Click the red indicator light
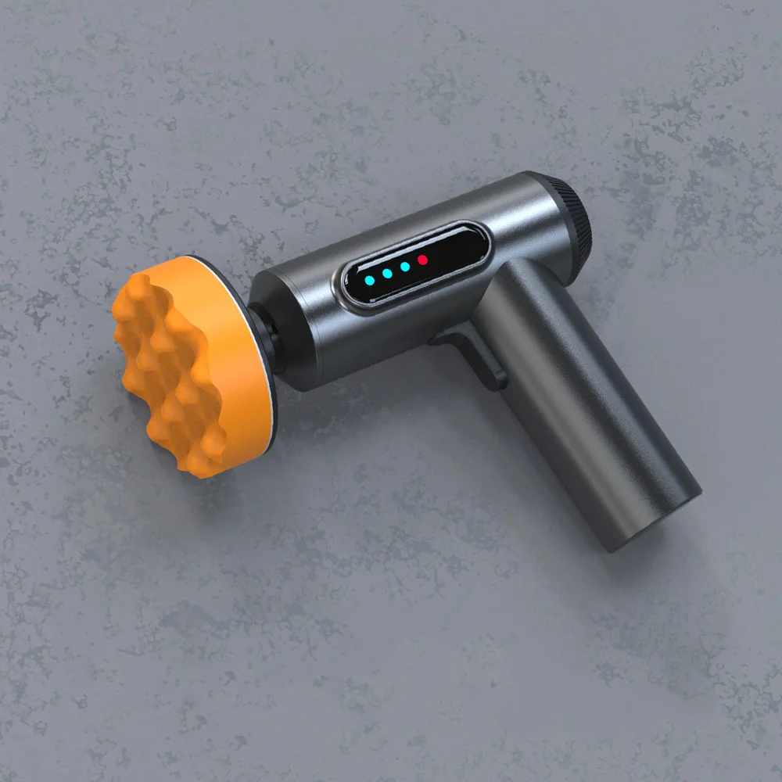[x=422, y=259]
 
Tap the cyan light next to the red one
[x=404, y=267]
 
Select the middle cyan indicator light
[x=386, y=274]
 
